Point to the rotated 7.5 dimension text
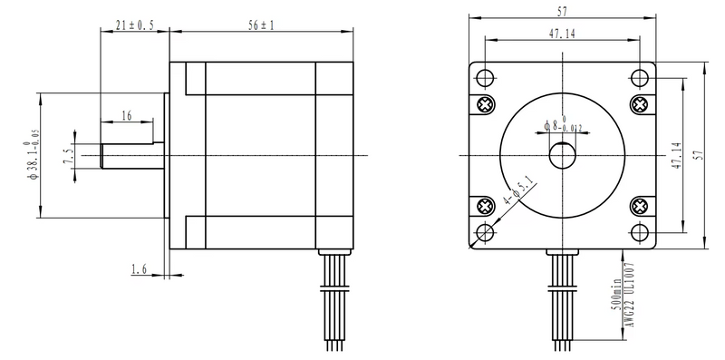tap(67, 156)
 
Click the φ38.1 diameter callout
tap(33, 156)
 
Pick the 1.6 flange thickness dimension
tap(140, 269)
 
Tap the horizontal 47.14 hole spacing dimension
tap(563, 34)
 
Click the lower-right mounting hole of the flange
tap(642, 233)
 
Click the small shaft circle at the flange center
tap(563, 155)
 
